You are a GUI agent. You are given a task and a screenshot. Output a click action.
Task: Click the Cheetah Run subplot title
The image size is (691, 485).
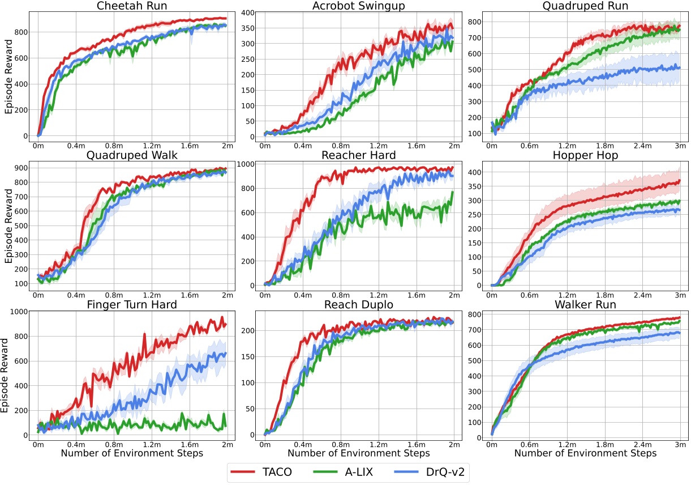[x=132, y=6]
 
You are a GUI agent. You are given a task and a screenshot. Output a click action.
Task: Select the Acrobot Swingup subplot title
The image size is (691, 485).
[x=359, y=6]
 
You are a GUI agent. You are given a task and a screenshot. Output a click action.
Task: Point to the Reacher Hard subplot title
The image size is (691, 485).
[x=359, y=155]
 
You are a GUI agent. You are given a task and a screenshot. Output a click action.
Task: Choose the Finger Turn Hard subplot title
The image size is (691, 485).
[x=132, y=305]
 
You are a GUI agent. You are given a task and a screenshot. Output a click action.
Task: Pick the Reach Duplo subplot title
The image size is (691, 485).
[x=359, y=305]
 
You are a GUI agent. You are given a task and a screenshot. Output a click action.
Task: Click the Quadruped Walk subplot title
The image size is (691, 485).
[x=132, y=155]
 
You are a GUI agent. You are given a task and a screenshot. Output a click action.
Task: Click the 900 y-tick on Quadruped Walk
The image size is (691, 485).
[x=21, y=168]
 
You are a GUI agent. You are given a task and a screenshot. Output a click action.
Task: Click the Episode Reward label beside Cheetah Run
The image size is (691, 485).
[x=8, y=75]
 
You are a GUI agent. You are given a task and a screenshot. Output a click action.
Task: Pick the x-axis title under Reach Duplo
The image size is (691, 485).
[x=359, y=453]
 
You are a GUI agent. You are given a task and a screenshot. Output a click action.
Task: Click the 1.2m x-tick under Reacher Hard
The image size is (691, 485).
[x=378, y=295]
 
